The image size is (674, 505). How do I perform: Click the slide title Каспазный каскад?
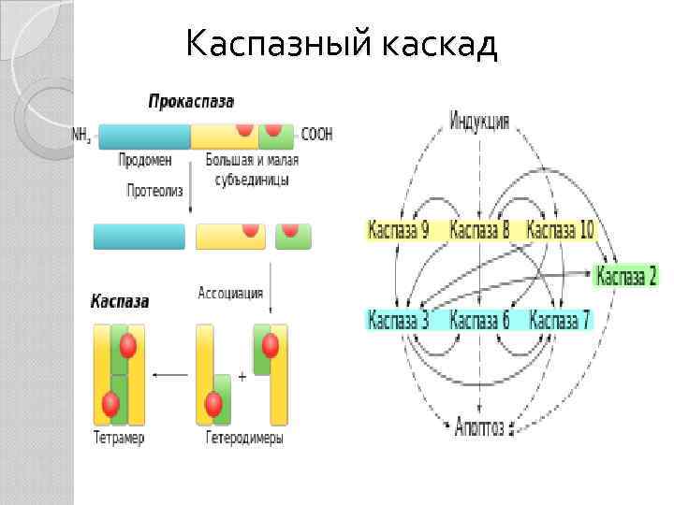coord(341,44)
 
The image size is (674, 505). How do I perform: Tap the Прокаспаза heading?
coord(191,101)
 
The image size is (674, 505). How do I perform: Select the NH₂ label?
coord(81,135)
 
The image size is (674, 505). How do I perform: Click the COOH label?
coord(316,135)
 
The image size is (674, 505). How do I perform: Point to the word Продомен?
coord(145,160)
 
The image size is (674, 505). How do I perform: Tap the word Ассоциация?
coord(230,293)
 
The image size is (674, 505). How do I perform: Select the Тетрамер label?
coord(119,438)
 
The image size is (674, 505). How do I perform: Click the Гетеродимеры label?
coord(244,438)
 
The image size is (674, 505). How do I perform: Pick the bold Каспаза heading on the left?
coord(119,302)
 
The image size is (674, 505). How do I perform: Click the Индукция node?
coord(479,121)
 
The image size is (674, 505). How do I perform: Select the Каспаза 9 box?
coord(398,230)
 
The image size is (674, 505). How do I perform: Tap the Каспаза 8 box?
coord(479,230)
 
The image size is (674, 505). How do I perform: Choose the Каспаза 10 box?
coord(561,230)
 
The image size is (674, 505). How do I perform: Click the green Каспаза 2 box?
coord(626,276)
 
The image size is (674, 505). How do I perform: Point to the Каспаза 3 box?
coord(398,321)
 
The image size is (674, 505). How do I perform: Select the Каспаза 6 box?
coord(479,321)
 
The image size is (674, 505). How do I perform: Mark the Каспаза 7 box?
coord(560,321)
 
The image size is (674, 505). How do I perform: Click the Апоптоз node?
coord(479,427)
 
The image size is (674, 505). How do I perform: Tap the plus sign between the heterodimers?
coord(242,376)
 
